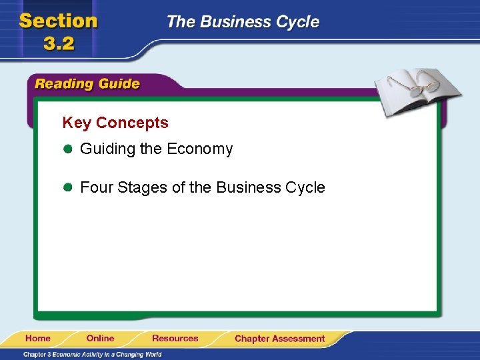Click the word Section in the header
59,21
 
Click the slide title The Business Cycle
243,22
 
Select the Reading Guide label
87,84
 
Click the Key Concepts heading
115,123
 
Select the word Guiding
107,149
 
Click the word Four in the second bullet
96,188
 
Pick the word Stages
142,188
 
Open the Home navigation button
38,338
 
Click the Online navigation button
100,338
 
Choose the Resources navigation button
175,338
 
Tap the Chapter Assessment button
279,339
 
